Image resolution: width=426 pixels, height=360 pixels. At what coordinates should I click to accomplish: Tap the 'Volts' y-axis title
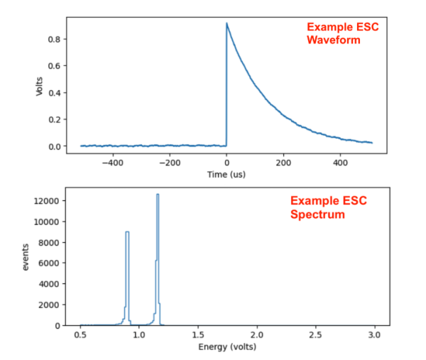coord(40,86)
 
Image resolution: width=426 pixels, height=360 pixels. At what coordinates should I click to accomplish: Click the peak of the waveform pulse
coord(226,23)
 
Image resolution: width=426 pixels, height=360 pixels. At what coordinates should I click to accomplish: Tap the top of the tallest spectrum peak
coord(158,194)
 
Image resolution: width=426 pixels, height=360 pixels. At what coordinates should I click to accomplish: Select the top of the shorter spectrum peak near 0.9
coord(127,231)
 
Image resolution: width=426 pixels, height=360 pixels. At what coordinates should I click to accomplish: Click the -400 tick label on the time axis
coord(111,162)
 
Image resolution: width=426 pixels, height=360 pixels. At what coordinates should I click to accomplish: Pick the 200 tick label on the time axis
coord(283,162)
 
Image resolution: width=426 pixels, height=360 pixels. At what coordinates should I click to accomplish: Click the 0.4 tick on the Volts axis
coord(54,92)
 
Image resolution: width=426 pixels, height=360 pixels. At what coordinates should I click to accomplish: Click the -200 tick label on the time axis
coord(168,162)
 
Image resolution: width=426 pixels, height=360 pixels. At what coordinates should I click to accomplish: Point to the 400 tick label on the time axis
coord(340,162)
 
